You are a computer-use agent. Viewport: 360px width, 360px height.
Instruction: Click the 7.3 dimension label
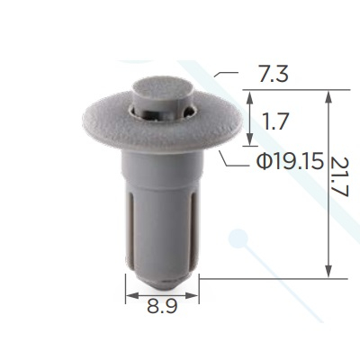pyautogui.click(x=274, y=75)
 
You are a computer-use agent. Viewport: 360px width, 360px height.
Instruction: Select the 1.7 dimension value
pyautogui.click(x=274, y=121)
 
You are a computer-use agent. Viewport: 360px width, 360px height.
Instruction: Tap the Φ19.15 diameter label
pyautogui.click(x=290, y=162)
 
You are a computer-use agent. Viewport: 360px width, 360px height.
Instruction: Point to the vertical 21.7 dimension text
pyautogui.click(x=340, y=176)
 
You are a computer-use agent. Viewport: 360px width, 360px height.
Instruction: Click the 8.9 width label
pyautogui.click(x=162, y=306)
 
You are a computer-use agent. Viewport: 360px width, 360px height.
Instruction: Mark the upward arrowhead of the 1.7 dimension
pyautogui.click(x=249, y=97)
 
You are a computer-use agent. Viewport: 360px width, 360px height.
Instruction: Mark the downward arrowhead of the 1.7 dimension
pyautogui.click(x=249, y=139)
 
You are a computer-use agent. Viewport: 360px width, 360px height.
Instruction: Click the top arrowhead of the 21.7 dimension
pyautogui.click(x=329, y=97)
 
